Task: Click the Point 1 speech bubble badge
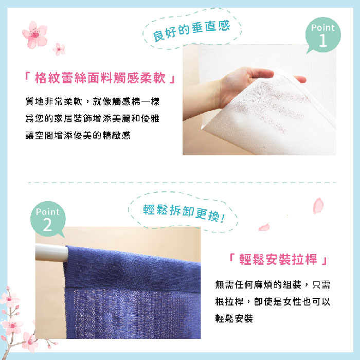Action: click(323, 35)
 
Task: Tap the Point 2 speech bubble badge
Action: click(48, 219)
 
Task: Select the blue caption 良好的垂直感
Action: click(191, 31)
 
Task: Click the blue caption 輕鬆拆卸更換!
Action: click(184, 213)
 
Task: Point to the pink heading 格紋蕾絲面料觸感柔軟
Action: click(100, 78)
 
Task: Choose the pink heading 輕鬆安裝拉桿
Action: click(278, 259)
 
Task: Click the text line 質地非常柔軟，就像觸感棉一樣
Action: click(92, 101)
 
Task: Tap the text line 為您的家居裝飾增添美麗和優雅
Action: click(92, 118)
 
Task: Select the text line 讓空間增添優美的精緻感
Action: click(78, 135)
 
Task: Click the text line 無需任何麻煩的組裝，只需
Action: click(273, 285)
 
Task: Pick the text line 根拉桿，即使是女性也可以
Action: click(273, 301)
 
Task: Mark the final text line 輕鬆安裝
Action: click(234, 318)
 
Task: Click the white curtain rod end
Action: click(51, 253)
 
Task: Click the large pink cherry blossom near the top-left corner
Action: click(35, 34)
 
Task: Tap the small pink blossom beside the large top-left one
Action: click(59, 49)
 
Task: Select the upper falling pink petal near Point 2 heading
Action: click(318, 206)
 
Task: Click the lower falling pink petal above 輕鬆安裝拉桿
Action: click(264, 227)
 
